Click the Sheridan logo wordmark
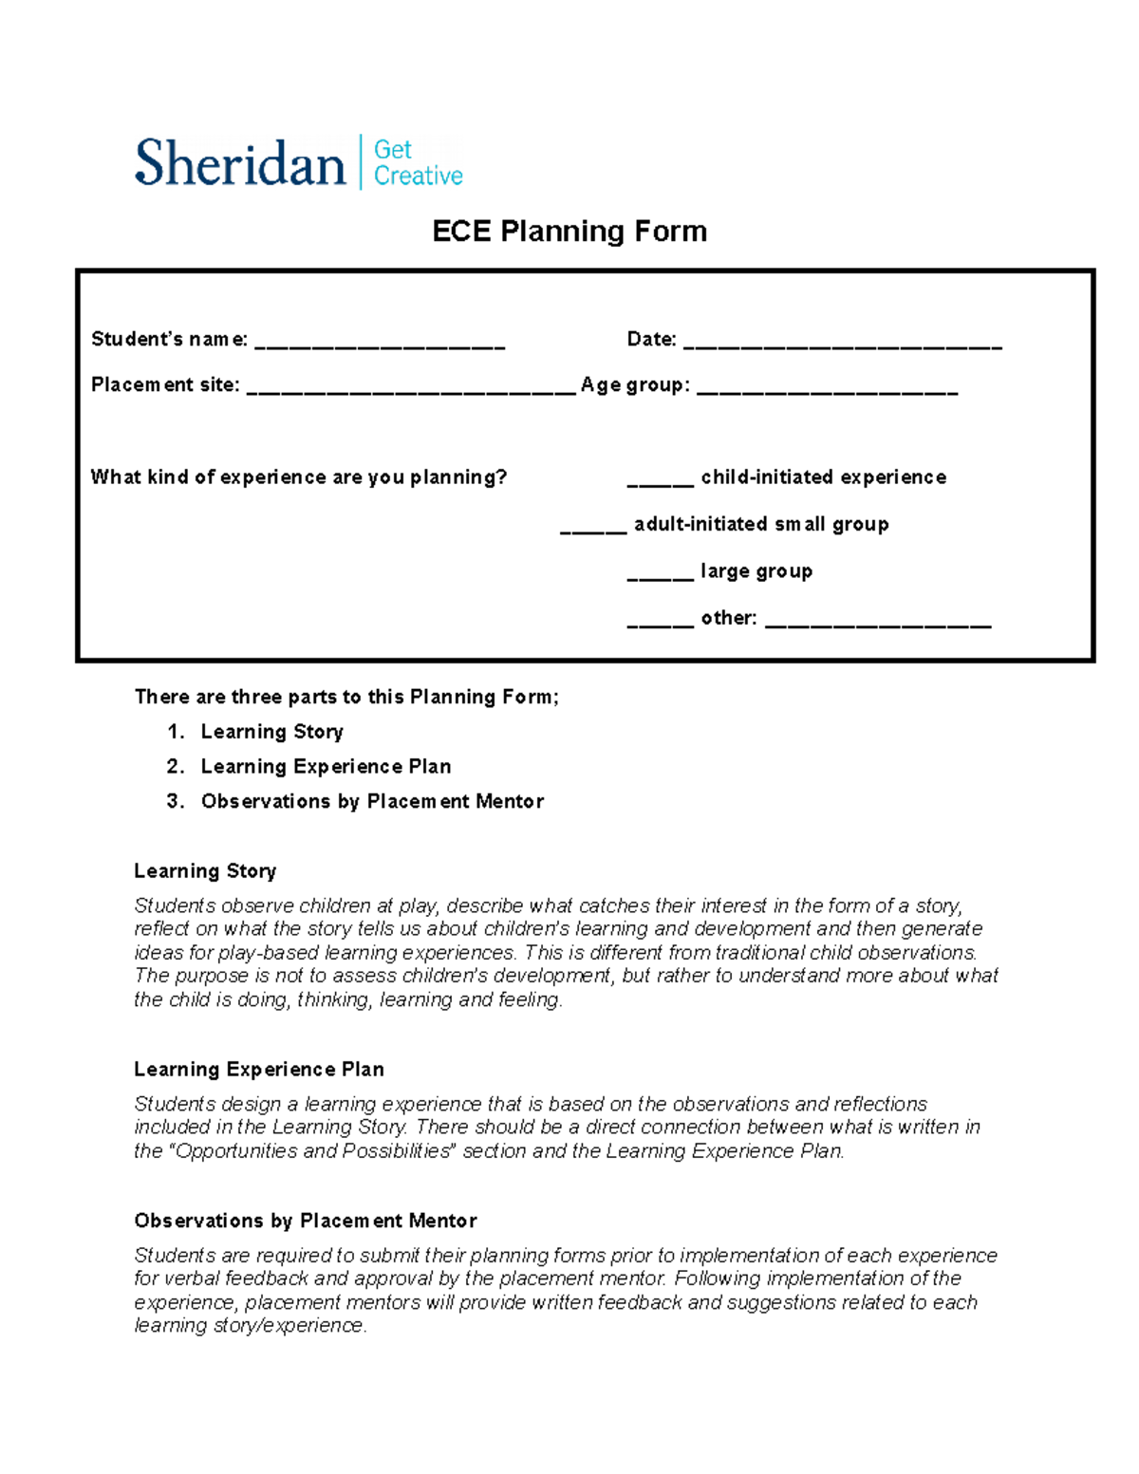click(x=239, y=163)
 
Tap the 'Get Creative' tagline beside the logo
click(x=418, y=163)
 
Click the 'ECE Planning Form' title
click(x=569, y=232)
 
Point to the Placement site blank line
click(x=411, y=390)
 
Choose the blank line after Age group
click(x=827, y=390)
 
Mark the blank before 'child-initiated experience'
click(x=660, y=482)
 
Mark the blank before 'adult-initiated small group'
click(x=593, y=530)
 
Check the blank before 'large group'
click(x=660, y=576)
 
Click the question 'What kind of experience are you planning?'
click(x=299, y=477)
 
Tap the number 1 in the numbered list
click(x=175, y=732)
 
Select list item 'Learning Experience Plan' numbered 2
click(x=326, y=767)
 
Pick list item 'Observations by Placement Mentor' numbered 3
click(x=372, y=802)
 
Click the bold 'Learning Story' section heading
click(x=205, y=871)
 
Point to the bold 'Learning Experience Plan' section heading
click(x=259, y=1070)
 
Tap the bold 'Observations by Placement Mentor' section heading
click(x=306, y=1221)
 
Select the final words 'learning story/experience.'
click(x=250, y=1326)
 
